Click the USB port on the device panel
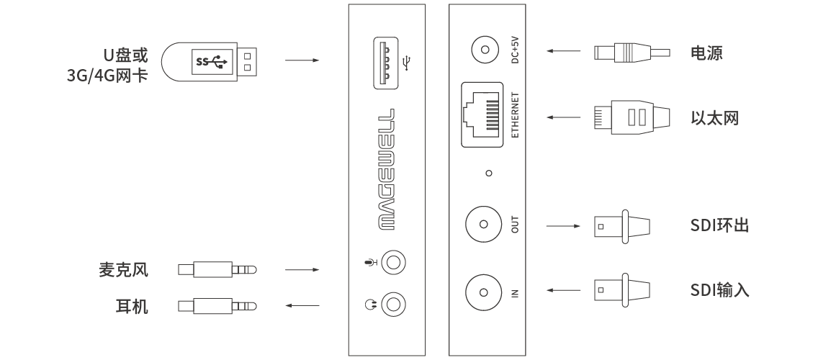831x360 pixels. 386,63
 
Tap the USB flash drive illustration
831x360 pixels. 209,61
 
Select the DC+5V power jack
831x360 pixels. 485,51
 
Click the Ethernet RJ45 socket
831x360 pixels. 482,114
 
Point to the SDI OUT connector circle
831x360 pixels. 483,224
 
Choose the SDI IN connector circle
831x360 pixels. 483,292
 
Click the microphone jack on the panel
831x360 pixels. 393,263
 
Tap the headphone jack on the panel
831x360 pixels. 393,305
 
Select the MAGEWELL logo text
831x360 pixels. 386,169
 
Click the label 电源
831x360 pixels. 706,53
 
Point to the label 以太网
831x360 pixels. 714,117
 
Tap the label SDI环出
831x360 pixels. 719,225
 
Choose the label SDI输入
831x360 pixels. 719,290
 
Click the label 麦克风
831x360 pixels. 123,269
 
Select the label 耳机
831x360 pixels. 132,306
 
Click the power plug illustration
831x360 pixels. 632,53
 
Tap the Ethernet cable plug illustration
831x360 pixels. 632,117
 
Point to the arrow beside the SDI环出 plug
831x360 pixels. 563,226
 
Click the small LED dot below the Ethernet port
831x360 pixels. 489,173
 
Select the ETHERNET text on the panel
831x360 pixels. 515,115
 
